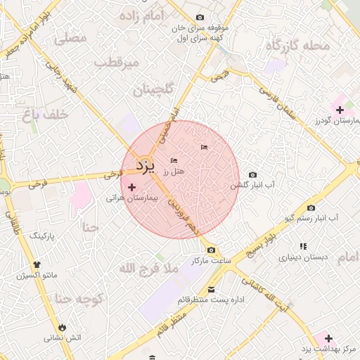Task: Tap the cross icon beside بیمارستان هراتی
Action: (132, 187)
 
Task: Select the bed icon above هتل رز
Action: (174, 162)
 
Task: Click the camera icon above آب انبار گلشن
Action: (253, 174)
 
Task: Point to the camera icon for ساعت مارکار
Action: (212, 250)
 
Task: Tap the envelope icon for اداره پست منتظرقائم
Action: (212, 290)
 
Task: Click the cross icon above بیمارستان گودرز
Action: (340, 110)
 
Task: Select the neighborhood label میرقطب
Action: (117, 63)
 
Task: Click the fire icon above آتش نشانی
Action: (63, 327)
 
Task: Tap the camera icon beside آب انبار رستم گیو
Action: (311, 207)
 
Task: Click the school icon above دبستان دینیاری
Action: (304, 246)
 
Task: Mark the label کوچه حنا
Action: (79, 300)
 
